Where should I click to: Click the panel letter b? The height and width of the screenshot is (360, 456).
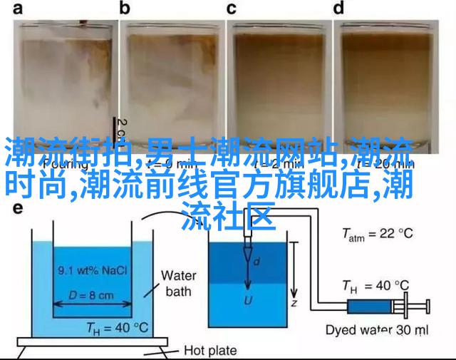click(125, 9)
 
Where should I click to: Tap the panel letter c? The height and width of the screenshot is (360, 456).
click(232, 9)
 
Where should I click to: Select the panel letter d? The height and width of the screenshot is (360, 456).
click(339, 9)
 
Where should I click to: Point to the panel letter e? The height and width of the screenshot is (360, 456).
click(19, 209)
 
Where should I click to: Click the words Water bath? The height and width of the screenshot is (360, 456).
click(178, 283)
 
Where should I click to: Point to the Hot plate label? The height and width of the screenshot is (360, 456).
click(211, 350)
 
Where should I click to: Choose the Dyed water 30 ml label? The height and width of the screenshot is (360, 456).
click(376, 330)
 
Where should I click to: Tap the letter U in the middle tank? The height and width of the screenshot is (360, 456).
click(248, 300)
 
